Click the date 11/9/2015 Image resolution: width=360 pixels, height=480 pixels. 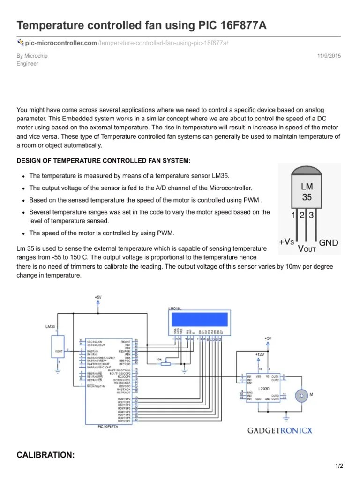[330, 56]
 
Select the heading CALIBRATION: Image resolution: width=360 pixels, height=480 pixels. [45, 455]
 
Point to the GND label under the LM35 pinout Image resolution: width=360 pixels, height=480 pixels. [329, 243]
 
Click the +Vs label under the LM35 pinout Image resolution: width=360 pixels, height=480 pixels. [287, 242]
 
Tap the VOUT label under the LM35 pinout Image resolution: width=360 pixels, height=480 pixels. [307, 248]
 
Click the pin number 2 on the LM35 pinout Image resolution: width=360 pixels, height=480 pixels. [303, 215]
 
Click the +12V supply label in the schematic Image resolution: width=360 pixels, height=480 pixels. [260, 354]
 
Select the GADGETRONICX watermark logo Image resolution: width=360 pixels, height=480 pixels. [280, 430]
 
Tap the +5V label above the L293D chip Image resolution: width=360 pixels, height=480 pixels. [267, 338]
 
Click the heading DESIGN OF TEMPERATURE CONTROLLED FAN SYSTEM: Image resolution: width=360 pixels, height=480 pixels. [104, 161]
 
